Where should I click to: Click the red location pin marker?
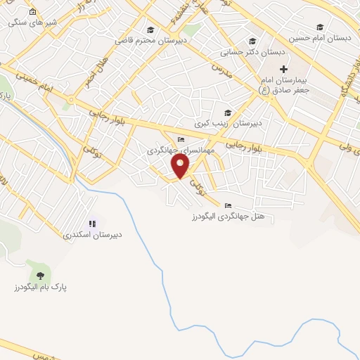pyautogui.click(x=181, y=166)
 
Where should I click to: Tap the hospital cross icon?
pyautogui.click(x=284, y=69)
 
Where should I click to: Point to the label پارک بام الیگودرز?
pyautogui.click(x=39, y=288)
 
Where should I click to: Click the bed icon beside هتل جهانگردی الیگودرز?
pyautogui.click(x=227, y=205)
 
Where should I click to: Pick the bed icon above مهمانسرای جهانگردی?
pyautogui.click(x=181, y=140)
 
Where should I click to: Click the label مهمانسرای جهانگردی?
pyautogui.click(x=174, y=150)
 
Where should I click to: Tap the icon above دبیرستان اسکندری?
pyautogui.click(x=92, y=224)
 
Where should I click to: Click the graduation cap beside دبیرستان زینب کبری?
pyautogui.click(x=227, y=112)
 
